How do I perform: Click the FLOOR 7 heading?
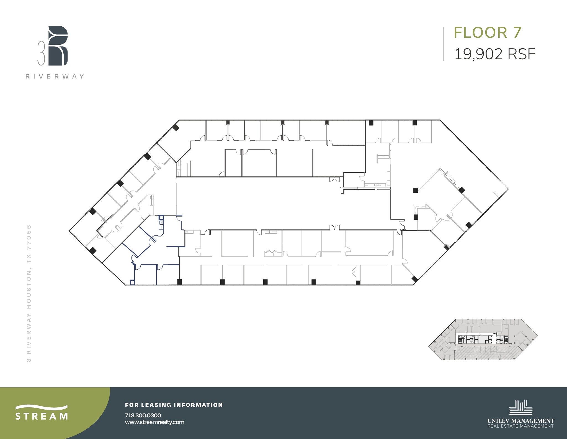tap(488, 32)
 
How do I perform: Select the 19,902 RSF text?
tap(494, 54)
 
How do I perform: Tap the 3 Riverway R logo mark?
tap(58, 46)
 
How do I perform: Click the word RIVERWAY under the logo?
tap(55, 76)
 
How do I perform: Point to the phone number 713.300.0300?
tap(143, 415)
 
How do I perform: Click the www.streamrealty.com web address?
tap(154, 422)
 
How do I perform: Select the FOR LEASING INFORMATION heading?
tap(174, 405)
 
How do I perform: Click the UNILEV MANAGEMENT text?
tap(520, 421)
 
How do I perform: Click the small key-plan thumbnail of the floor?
tap(483, 339)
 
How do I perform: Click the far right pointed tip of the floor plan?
tap(508, 189)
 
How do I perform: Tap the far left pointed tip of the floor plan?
tap(69, 230)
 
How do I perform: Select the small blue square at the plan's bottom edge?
tap(132, 283)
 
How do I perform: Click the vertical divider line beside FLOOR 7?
tap(444, 44)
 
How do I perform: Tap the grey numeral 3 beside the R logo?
tap(41, 53)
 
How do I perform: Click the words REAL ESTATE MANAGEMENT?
tap(520, 426)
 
